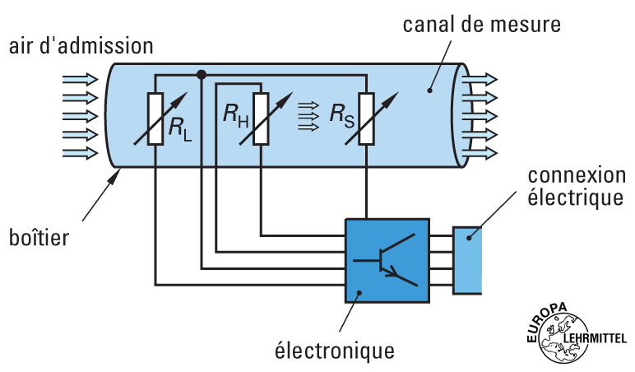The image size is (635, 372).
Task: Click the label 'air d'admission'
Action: click(81, 45)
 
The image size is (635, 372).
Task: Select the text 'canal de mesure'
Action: click(481, 24)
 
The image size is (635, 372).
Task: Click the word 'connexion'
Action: click(575, 175)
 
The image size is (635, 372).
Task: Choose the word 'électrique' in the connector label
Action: click(575, 198)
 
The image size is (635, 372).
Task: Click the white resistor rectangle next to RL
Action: click(155, 119)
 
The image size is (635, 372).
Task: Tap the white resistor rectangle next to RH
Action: click(261, 119)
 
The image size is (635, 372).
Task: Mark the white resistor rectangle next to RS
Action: click(367, 119)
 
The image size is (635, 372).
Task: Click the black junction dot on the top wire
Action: click(201, 76)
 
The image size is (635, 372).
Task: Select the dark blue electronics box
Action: click(387, 260)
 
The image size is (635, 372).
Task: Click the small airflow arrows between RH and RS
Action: click(308, 116)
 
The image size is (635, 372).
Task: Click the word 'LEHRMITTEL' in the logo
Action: click(596, 337)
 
